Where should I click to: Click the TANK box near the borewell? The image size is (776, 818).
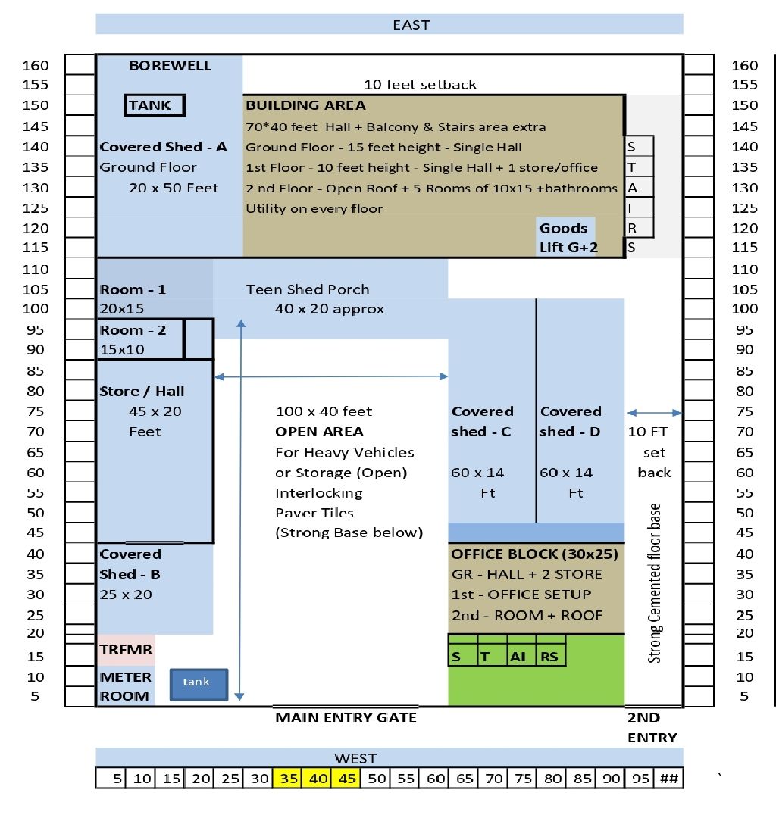point(155,105)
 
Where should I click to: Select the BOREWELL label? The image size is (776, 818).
point(170,65)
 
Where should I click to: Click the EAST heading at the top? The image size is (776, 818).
point(411,24)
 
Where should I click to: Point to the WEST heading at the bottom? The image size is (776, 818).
point(355,757)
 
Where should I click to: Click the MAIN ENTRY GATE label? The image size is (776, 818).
point(346,717)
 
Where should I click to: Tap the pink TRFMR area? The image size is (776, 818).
point(126,650)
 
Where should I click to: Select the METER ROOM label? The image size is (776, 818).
point(125,686)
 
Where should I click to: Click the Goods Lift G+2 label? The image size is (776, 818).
point(564,237)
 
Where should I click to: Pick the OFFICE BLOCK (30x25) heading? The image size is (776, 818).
point(535,554)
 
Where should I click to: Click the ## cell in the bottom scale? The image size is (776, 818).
point(668,779)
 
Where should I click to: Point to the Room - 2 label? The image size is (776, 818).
point(133,330)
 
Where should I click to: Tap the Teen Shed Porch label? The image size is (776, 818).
point(308,289)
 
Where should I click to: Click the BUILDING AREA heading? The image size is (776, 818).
point(305,105)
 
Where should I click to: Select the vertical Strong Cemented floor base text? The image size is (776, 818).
point(655,583)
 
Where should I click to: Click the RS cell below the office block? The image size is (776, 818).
point(549,657)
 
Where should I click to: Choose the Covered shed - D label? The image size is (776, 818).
point(571,421)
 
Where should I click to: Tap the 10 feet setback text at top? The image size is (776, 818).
point(421,84)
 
